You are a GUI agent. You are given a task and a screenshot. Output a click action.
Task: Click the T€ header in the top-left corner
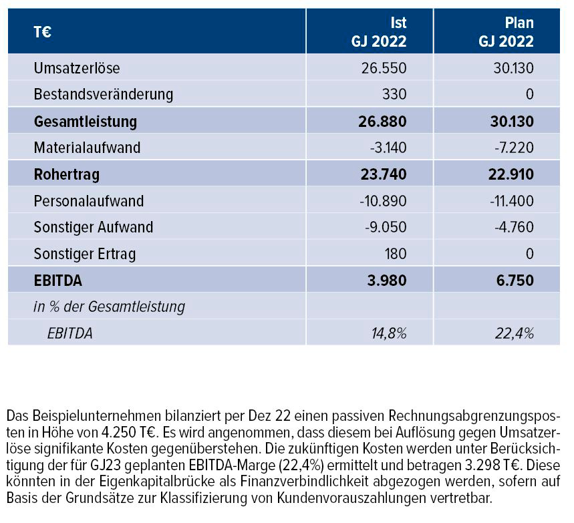tap(44, 31)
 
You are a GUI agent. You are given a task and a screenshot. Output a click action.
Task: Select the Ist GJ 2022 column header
tap(379, 31)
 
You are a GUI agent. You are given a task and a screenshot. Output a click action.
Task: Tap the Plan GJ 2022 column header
tap(506, 31)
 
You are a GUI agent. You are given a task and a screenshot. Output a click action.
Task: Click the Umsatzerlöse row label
tap(77, 68)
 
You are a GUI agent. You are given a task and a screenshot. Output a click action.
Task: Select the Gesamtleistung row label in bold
tap(85, 122)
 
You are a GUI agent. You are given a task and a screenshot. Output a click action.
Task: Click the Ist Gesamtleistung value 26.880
tap(382, 122)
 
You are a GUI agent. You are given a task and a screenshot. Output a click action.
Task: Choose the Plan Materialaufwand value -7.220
tap(513, 148)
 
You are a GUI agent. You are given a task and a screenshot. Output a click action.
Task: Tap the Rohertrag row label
tap(66, 174)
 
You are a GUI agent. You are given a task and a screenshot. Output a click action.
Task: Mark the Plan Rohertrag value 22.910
tap(509, 174)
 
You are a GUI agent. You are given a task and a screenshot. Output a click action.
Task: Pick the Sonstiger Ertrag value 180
tap(394, 254)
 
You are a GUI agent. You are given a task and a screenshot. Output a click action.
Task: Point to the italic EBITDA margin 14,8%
tap(387, 333)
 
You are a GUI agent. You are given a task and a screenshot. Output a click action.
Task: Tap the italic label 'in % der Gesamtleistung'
tap(109, 307)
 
